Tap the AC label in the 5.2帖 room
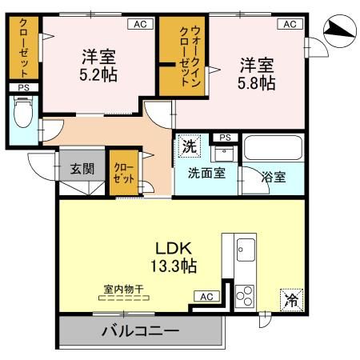tap(139, 25)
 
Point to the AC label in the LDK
tap(206, 297)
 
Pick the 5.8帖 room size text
tap(255, 73)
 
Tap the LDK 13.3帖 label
tap(171, 255)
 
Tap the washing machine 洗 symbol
tap(189, 146)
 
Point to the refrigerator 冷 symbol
tap(290, 301)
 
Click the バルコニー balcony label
tap(139, 330)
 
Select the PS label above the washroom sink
tap(225, 138)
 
